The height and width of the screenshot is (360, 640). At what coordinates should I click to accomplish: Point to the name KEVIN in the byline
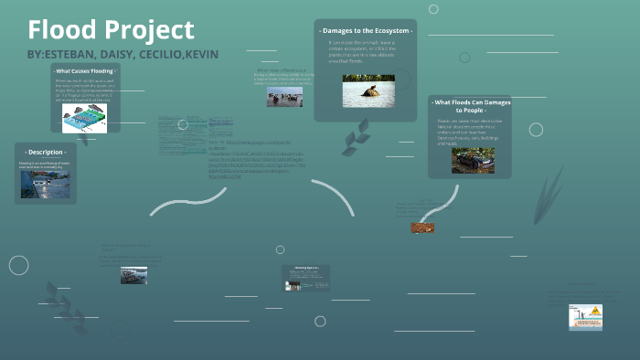pyautogui.click(x=201, y=54)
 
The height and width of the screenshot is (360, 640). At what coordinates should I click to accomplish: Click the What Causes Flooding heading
pyautogui.click(x=85, y=70)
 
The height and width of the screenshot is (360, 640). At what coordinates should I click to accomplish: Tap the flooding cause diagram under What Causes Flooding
pyautogui.click(x=85, y=118)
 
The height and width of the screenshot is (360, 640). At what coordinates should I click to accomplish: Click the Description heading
pyautogui.click(x=45, y=152)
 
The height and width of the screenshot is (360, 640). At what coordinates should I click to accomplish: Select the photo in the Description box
pyautogui.click(x=45, y=185)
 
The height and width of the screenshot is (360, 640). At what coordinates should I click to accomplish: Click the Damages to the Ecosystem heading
pyautogui.click(x=366, y=30)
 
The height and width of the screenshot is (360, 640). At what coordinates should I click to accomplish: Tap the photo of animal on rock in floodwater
pyautogui.click(x=368, y=91)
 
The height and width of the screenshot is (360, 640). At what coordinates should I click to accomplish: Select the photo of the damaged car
pyautogui.click(x=473, y=161)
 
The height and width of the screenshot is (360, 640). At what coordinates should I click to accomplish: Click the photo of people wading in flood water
pyautogui.click(x=284, y=96)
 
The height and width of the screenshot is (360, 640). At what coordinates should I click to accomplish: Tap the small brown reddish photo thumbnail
pyautogui.click(x=422, y=228)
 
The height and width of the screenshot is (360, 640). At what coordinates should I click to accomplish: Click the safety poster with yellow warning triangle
pyautogui.click(x=585, y=317)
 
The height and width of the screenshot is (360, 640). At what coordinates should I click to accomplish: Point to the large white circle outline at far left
pyautogui.click(x=18, y=265)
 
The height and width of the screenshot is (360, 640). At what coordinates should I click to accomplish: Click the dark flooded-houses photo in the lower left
pyautogui.click(x=133, y=275)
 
